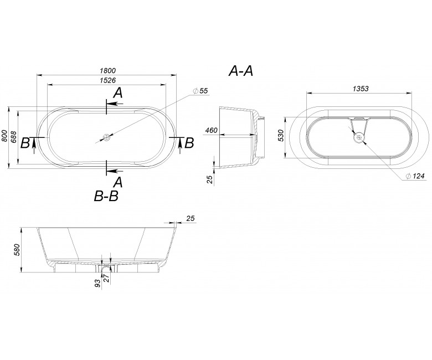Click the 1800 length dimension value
pos(107,71)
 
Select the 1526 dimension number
pos(107,80)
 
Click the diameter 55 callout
pos(200,91)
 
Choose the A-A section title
pos(241,71)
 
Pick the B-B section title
pos(106,197)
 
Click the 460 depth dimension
pos(212,130)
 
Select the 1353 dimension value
pos(361,89)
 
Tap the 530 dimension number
pos(281,136)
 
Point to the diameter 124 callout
pos(415,176)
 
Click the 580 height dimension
pos(17,250)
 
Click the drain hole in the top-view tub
pos(106,137)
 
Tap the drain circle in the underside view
pos(359,137)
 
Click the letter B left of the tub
pos(25,143)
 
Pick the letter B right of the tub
pos(189,143)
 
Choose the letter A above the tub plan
pos(118,93)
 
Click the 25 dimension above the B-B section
pos(191,218)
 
